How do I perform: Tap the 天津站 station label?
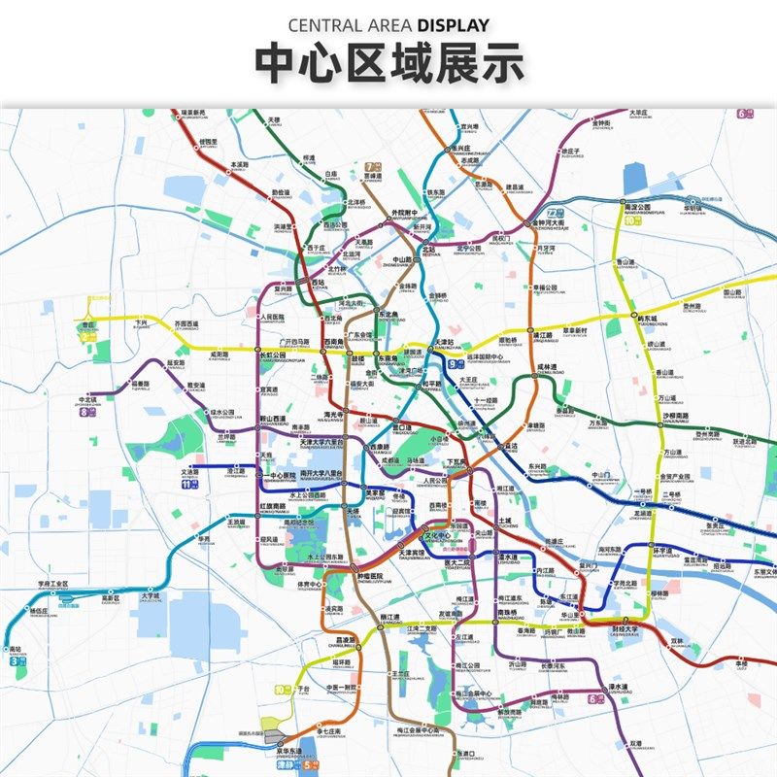[443, 342]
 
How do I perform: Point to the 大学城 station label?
[150, 596]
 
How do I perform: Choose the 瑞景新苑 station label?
[193, 113]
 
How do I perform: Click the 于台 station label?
[303, 690]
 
